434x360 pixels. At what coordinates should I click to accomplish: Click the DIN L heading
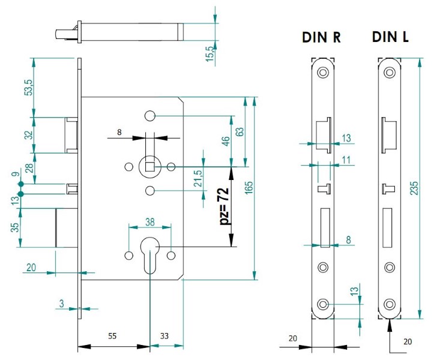(x=390, y=37)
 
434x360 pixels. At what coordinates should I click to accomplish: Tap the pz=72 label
(x=223, y=205)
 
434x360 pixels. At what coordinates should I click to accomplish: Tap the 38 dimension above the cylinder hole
(x=149, y=221)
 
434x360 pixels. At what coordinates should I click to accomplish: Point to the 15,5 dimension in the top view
(x=209, y=53)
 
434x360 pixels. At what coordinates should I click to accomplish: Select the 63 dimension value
(x=239, y=132)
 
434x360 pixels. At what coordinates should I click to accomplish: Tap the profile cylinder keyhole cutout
(x=149, y=252)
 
